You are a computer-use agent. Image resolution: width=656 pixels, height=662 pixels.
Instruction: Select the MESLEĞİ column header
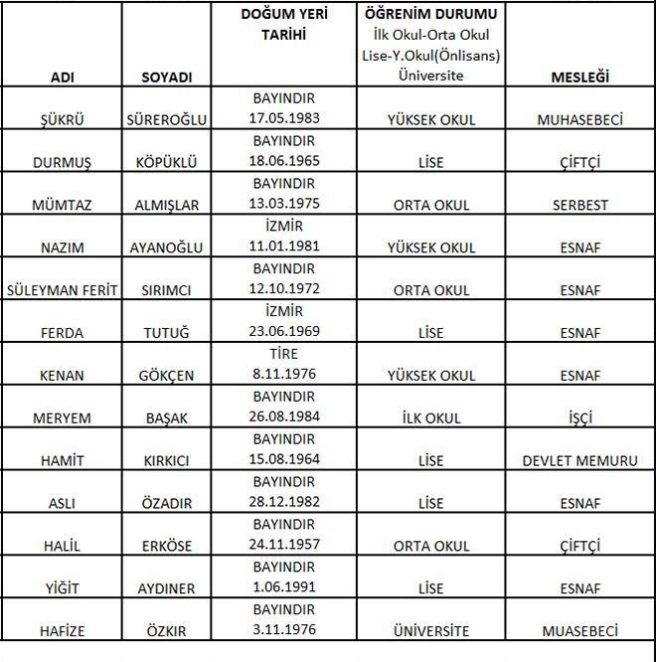(580, 77)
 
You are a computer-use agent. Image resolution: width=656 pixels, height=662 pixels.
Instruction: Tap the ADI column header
(62, 77)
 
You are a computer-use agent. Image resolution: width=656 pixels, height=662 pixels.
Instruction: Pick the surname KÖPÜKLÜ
(167, 163)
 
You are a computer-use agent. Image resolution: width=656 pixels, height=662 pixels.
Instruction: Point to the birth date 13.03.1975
(283, 206)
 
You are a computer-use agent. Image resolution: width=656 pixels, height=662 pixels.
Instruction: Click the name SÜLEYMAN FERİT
(62, 291)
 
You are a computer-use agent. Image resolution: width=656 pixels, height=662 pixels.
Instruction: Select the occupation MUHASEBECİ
(580, 120)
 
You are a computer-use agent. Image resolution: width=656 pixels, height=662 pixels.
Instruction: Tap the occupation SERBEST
(580, 206)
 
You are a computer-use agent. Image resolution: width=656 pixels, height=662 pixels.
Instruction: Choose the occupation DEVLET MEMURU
(580, 461)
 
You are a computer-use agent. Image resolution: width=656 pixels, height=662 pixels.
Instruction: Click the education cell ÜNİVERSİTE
(430, 631)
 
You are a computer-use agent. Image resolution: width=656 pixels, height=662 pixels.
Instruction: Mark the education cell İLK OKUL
(430, 418)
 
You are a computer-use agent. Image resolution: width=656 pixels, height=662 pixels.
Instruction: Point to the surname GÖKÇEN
(167, 376)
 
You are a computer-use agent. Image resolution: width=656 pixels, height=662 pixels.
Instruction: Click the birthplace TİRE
(283, 354)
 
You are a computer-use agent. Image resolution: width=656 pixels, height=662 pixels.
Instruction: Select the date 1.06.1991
(283, 588)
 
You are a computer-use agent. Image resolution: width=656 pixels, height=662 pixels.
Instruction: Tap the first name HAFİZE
(62, 631)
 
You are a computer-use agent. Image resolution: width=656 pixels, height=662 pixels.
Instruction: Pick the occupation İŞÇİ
(580, 418)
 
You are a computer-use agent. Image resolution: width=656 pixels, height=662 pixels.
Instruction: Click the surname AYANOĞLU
(167, 248)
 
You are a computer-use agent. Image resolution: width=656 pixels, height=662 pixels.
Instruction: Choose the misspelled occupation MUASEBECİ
(580, 631)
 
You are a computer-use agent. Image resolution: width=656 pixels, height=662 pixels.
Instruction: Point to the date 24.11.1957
(283, 546)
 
